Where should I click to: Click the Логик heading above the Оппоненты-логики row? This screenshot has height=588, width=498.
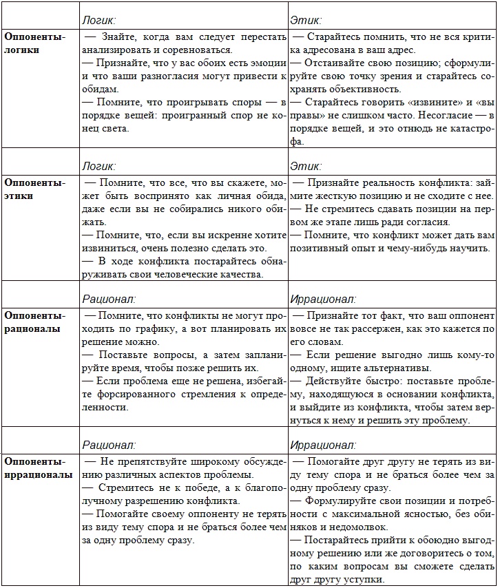point(98,21)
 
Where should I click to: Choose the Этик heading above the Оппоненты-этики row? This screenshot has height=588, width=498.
point(306,167)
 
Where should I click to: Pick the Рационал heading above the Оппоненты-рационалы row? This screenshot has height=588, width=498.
point(109,299)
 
